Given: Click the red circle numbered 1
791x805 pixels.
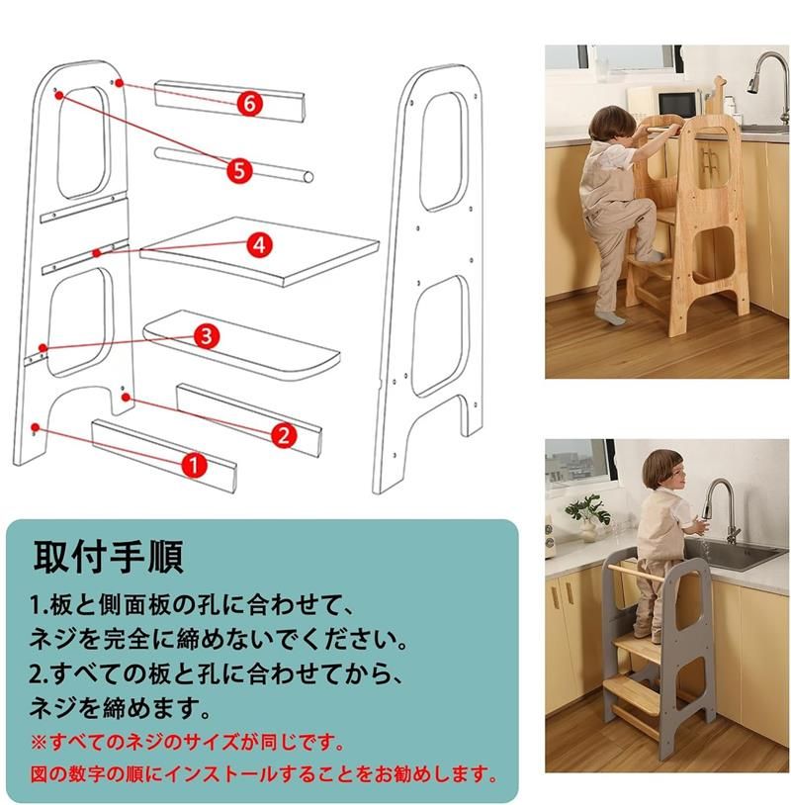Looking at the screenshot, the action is tap(193, 465).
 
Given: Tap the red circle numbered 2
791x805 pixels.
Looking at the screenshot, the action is tap(284, 435).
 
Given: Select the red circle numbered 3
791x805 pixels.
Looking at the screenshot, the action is tap(207, 336).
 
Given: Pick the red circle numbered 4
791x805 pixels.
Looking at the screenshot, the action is tap(260, 245).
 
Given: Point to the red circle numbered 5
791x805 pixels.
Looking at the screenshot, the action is tap(239, 170).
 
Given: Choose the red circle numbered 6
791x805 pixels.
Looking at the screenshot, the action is tap(250, 104).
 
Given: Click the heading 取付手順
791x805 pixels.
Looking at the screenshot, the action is tap(108, 557).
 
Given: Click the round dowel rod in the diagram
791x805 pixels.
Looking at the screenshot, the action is tap(234, 164).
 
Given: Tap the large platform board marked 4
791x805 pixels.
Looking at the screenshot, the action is tap(259, 251).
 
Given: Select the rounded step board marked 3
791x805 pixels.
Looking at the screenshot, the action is tap(241, 345).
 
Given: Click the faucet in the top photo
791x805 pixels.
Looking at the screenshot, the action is tap(770, 85).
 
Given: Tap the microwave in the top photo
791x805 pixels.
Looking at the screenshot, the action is tap(678, 103).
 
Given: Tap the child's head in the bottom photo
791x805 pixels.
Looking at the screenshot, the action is tap(663, 471).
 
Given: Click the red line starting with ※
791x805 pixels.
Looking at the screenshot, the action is tap(187, 743).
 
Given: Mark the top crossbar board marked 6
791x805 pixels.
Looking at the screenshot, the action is tap(230, 101).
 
